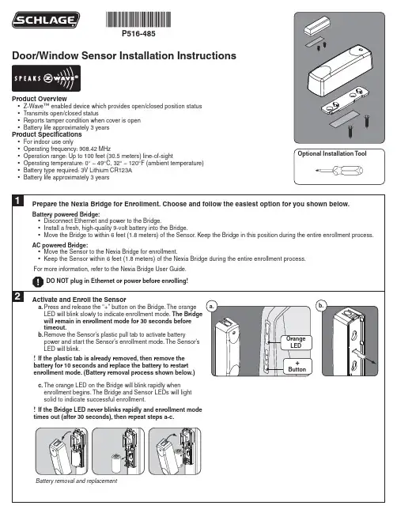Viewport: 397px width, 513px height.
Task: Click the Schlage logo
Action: pyautogui.click(x=46, y=20)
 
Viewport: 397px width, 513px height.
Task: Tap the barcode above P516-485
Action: pyautogui.click(x=138, y=19)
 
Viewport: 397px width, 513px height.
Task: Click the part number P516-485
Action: pyautogui.click(x=138, y=34)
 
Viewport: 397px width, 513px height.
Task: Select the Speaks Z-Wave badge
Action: pyautogui.click(x=46, y=78)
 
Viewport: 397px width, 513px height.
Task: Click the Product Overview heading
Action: pyautogui.click(x=40, y=99)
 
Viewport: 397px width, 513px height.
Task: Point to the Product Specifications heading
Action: pyautogui.click(x=47, y=134)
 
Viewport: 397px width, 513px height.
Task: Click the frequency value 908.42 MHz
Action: pyautogui.click(x=95, y=149)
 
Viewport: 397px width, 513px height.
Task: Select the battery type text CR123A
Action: pyautogui.click(x=121, y=170)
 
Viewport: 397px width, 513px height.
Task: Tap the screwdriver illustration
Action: pyautogui.click(x=339, y=171)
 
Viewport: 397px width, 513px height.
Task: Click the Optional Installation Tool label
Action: pyautogui.click(x=332, y=153)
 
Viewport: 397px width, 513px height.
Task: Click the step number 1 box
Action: pyautogui.click(x=17, y=201)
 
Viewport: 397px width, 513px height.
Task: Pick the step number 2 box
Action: pyautogui.click(x=17, y=296)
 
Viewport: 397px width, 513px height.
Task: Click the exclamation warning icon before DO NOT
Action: pyautogui.click(x=38, y=281)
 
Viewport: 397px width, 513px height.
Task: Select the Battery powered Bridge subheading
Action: pyautogui.click(x=66, y=214)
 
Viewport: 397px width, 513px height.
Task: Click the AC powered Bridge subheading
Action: pyautogui.click(x=60, y=245)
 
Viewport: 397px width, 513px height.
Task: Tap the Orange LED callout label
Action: pyautogui.click(x=296, y=342)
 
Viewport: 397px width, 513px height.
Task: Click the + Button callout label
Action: pyautogui.click(x=297, y=367)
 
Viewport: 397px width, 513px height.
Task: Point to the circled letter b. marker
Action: pyautogui.click(x=321, y=306)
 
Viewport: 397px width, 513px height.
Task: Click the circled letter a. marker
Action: pyautogui.click(x=211, y=307)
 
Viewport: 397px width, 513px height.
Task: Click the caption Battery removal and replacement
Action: pyautogui.click(x=76, y=481)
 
